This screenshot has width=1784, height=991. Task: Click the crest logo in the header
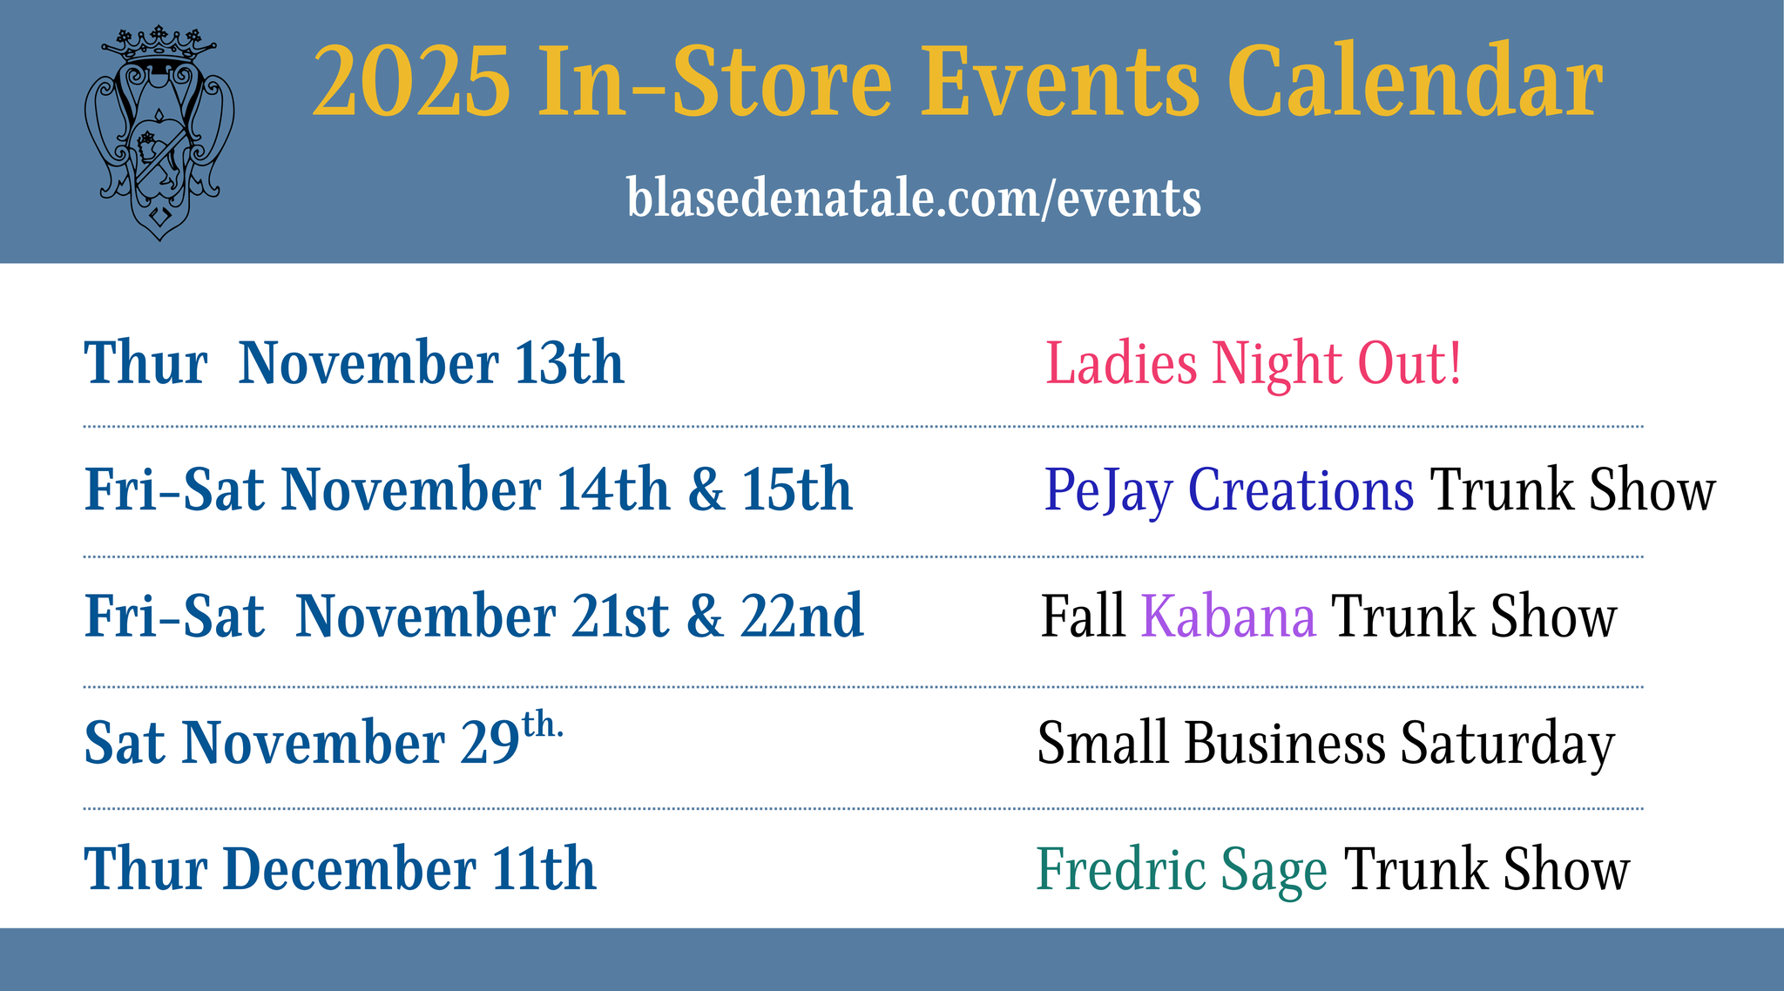click(159, 133)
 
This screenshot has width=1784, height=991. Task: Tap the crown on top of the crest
click(159, 44)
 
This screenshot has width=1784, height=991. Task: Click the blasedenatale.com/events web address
click(914, 198)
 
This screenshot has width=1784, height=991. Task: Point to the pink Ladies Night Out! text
click(1254, 363)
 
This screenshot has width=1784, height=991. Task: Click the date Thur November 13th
click(355, 362)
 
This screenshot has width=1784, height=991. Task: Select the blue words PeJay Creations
click(1229, 490)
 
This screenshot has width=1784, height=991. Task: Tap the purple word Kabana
click(1228, 617)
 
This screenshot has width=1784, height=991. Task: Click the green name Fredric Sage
click(1182, 870)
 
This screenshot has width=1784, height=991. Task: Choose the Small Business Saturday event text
click(1326, 744)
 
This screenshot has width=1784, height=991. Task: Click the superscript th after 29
click(542, 725)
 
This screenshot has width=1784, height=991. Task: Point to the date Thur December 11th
click(341, 868)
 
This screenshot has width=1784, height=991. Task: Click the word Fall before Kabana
click(1083, 617)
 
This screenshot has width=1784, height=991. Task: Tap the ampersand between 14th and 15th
click(706, 490)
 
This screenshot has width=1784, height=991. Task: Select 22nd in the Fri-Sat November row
click(802, 616)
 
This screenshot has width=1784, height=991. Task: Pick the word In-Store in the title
click(715, 81)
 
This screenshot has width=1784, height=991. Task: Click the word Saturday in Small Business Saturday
click(1508, 744)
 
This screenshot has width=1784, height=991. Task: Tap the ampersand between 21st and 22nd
click(706, 617)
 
